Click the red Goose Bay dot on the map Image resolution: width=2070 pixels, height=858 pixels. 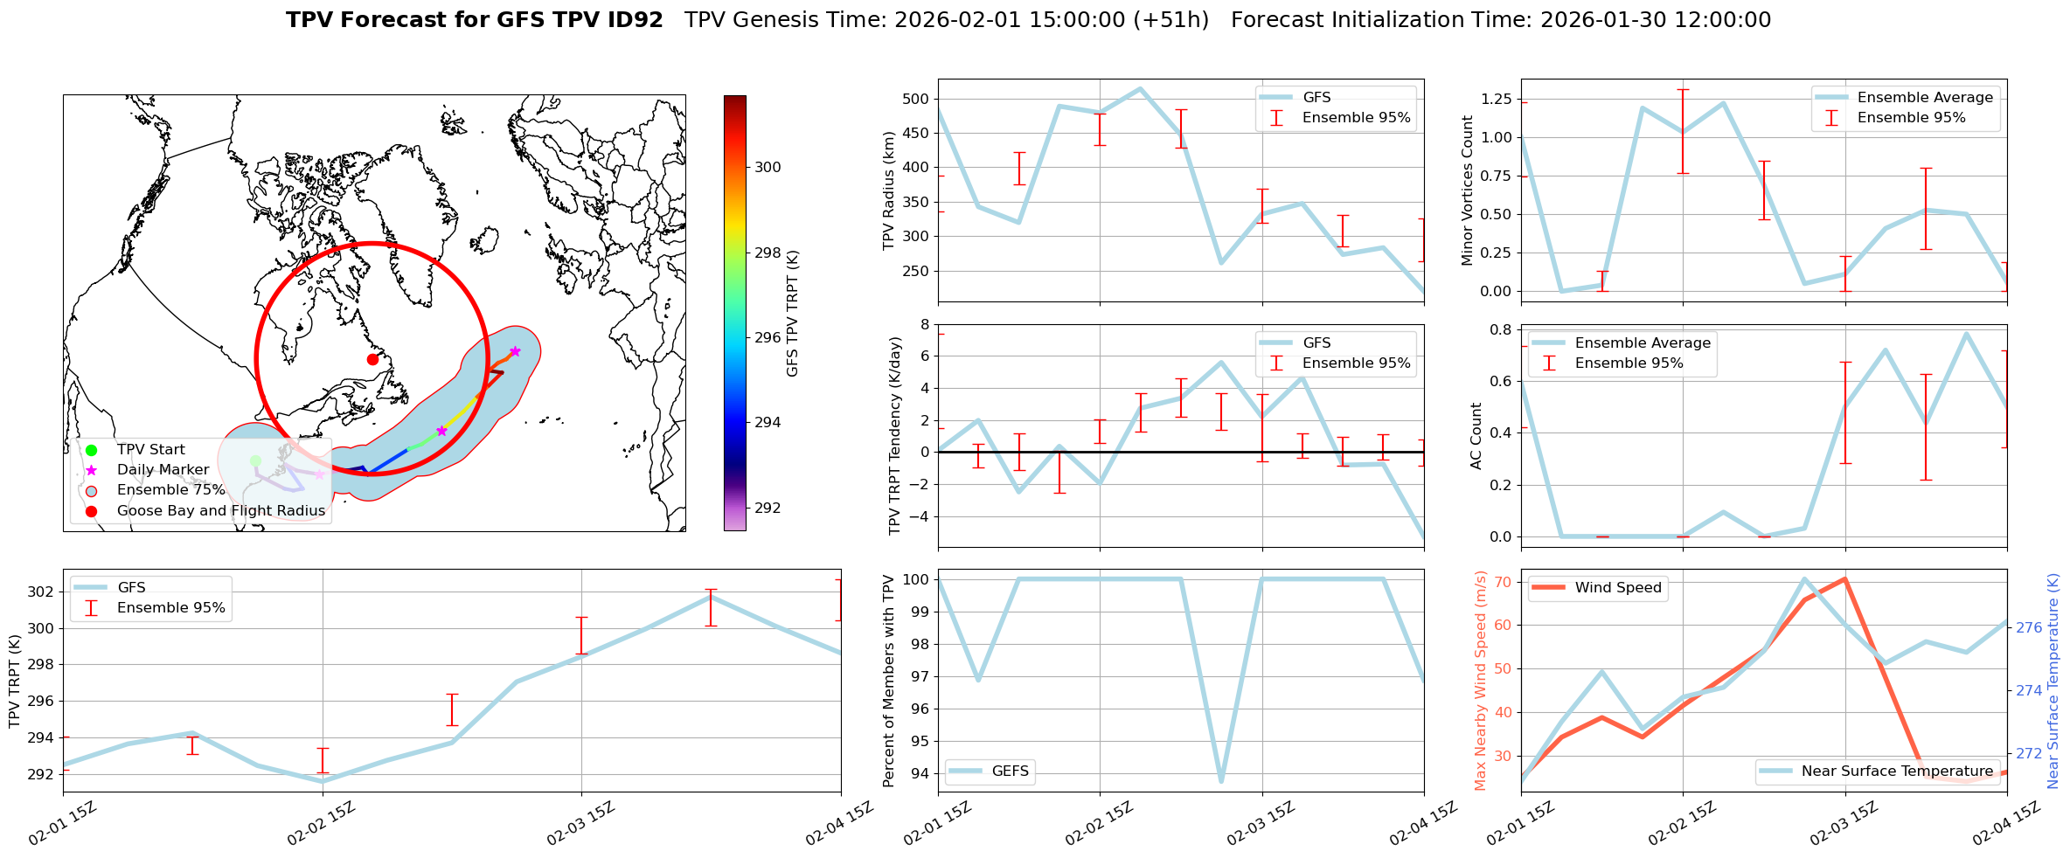pos(372,359)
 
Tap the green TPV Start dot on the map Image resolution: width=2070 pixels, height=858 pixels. pos(255,460)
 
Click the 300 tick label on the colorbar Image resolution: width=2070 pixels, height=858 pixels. pos(768,168)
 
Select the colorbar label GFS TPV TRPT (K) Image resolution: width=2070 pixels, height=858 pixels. pos(793,314)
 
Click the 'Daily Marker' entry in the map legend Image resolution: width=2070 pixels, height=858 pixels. pos(163,470)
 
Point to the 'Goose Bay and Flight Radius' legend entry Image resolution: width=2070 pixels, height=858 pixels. pos(220,511)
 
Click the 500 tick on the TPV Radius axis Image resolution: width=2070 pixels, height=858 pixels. pos(915,99)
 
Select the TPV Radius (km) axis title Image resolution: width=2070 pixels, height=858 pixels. pos(889,190)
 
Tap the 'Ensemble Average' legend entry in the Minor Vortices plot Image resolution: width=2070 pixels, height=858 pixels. pos(1925,98)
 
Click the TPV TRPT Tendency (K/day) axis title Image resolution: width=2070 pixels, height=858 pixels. pos(894,437)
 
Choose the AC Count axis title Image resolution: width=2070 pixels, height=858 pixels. pos(1476,436)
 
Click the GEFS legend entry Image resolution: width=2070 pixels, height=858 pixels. pos(1010,772)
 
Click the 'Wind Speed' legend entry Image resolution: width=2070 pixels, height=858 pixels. pos(1617,588)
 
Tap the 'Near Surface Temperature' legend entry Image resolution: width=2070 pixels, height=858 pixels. pos(1897,772)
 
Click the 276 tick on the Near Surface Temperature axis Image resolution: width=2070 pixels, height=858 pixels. pos(2028,627)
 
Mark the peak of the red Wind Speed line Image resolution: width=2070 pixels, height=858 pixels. pos(1844,578)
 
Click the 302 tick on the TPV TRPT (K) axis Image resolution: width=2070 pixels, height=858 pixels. pos(40,592)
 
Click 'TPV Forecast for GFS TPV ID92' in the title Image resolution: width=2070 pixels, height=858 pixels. pos(475,20)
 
